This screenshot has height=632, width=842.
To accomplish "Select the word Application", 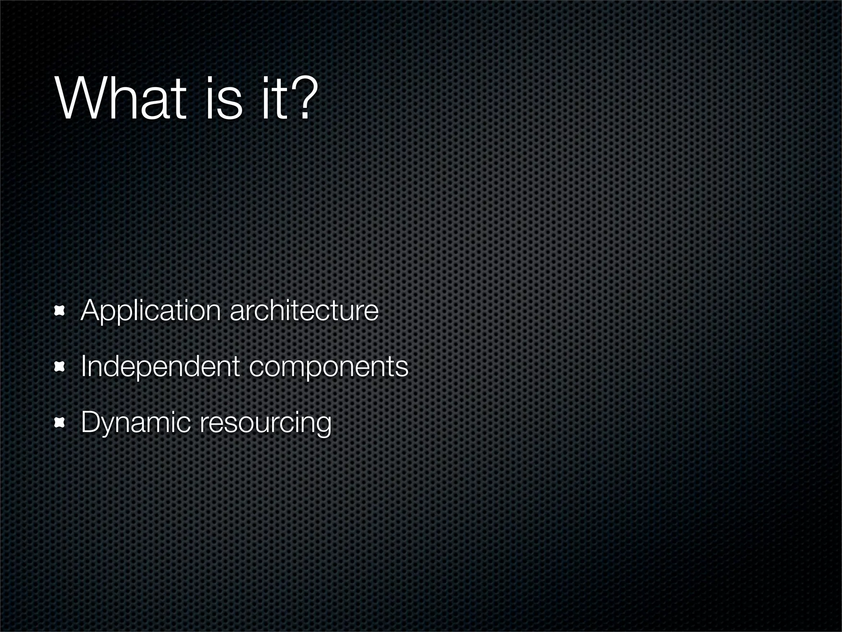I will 150,312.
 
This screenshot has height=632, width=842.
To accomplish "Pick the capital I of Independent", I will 83,367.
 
